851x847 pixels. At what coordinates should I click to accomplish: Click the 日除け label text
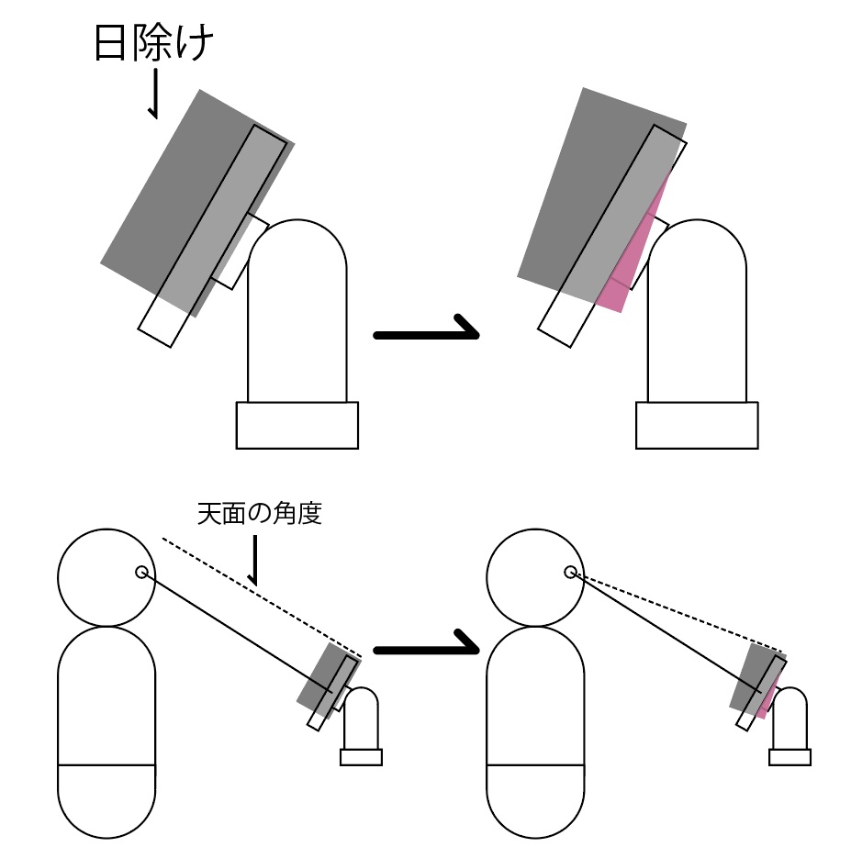click(x=154, y=44)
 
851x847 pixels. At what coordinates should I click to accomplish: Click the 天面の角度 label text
click(x=259, y=514)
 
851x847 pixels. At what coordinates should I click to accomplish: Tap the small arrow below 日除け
click(x=155, y=95)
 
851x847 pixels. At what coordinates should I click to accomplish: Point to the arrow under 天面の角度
click(x=254, y=562)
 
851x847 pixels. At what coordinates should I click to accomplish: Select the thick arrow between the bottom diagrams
click(x=428, y=647)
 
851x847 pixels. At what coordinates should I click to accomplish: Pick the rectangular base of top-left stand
click(x=297, y=426)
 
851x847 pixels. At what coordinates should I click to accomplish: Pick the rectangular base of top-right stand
click(x=698, y=426)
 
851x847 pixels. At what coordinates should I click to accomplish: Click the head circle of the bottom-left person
click(x=106, y=578)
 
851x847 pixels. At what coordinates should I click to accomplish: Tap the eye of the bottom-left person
click(x=141, y=573)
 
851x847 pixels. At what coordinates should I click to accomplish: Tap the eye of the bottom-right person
click(x=570, y=573)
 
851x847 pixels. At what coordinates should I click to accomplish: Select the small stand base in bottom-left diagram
click(x=361, y=757)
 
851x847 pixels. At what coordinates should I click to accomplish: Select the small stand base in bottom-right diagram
click(x=789, y=757)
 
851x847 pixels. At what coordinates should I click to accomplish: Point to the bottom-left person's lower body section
click(x=106, y=797)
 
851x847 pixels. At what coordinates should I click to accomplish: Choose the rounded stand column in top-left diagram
click(x=297, y=312)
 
